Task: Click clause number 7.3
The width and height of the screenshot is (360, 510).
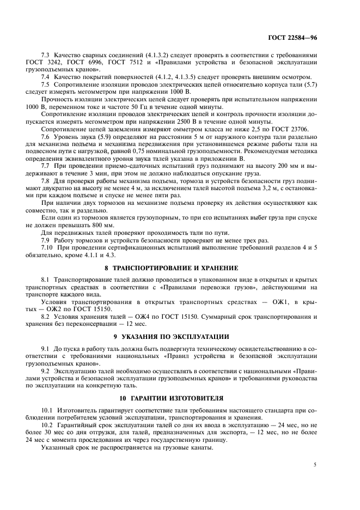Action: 45,55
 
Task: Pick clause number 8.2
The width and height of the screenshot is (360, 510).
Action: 45,316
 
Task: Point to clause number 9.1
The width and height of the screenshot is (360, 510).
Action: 45,347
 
